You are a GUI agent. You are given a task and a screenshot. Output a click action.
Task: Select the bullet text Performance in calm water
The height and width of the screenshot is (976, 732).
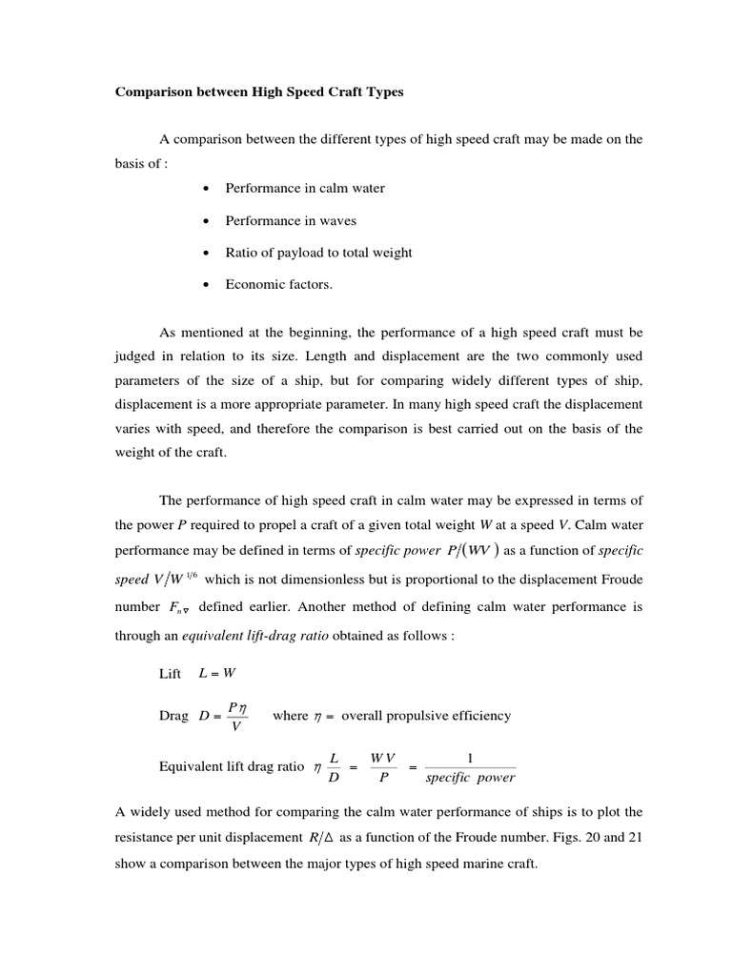305,188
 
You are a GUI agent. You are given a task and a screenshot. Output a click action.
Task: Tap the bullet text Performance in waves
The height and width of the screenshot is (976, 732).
291,220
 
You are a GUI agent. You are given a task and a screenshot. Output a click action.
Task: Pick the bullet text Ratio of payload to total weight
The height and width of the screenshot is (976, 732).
318,253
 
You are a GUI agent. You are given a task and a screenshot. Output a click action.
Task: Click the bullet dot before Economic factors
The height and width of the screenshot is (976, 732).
206,285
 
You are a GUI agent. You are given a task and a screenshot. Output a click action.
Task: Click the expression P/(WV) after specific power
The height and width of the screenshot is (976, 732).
470,550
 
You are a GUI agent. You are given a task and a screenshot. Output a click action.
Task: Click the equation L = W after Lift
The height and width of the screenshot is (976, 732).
216,674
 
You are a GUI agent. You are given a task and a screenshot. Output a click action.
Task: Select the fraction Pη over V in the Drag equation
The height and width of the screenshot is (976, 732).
237,716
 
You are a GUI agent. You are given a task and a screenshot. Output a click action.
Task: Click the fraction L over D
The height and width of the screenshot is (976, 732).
334,766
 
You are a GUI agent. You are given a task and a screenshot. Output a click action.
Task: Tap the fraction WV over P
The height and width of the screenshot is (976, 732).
383,766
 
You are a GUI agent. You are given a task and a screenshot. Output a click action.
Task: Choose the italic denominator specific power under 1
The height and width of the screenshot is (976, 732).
470,777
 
